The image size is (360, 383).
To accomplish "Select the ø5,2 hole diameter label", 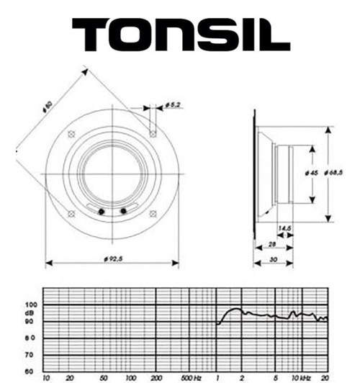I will (172, 106).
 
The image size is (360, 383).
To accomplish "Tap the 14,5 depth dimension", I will (284, 228).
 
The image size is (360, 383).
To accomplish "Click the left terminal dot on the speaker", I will (102, 211).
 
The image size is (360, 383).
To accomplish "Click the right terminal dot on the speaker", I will (123, 211).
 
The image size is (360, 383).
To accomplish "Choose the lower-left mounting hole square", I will (71, 214).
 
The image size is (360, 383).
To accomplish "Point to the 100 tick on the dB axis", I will (31, 305).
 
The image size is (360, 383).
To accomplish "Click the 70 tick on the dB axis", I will (31, 354).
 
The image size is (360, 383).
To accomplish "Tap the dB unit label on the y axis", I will (29, 313).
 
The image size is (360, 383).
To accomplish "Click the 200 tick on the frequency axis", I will (156, 377).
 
